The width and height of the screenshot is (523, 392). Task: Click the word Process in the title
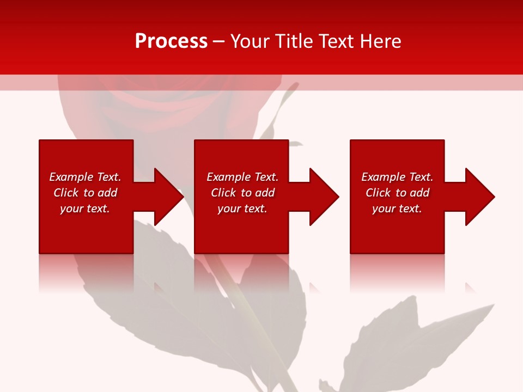click(171, 41)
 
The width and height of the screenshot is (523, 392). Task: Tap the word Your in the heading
click(251, 41)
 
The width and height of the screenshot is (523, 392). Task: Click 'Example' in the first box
click(71, 177)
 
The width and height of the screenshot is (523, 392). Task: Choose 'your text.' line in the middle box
click(242, 209)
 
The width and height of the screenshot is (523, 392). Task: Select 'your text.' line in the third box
click(397, 209)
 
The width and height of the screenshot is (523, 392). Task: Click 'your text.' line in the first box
click(84, 209)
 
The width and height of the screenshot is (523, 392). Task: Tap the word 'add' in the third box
click(419, 193)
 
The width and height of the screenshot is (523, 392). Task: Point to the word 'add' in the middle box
click(265, 193)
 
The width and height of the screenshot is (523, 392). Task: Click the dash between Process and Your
click(219, 41)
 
